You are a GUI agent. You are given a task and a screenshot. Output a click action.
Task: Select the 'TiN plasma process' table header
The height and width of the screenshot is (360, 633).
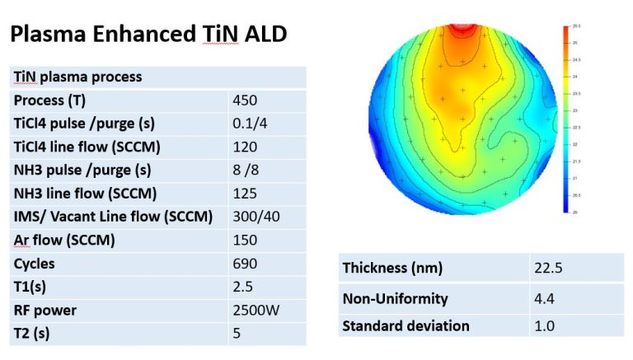tap(77, 77)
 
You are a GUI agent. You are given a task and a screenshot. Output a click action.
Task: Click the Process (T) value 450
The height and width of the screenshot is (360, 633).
tap(245, 100)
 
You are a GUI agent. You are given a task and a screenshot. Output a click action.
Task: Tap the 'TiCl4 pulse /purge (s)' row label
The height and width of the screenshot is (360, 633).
tap(96, 124)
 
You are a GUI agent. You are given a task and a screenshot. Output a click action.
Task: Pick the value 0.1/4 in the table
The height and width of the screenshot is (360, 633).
tap(250, 124)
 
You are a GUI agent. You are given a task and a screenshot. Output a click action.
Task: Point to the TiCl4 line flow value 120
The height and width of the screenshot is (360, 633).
tap(245, 147)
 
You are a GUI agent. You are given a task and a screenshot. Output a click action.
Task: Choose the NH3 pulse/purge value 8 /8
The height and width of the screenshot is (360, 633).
tap(249, 171)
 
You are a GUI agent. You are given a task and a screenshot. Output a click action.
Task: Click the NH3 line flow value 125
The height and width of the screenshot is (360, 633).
tap(245, 194)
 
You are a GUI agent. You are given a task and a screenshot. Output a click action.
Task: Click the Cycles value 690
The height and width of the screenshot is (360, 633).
tap(245, 264)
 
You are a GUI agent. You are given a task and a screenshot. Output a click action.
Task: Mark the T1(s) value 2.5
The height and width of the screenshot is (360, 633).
tap(242, 287)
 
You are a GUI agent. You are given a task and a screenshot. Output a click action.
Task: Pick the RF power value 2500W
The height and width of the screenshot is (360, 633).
tap(252, 311)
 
